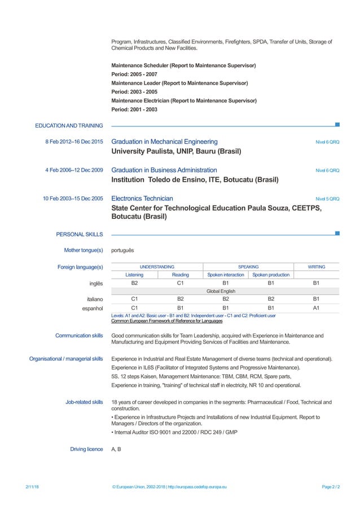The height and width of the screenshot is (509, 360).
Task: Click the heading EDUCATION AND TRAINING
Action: [69, 125]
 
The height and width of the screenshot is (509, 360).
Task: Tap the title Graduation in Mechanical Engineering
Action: [164, 142]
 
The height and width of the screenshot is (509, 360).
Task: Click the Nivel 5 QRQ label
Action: [327, 199]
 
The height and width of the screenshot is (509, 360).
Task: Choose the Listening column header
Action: [134, 275]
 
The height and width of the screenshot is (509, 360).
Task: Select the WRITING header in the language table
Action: [316, 266]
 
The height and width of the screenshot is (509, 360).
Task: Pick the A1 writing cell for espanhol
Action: [316, 308]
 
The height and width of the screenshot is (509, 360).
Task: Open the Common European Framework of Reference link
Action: [166, 321]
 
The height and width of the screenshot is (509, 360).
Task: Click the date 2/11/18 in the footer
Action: [32, 486]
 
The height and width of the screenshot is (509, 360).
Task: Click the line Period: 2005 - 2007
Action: [134, 74]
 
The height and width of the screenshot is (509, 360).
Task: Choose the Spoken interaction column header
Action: [226, 275]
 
